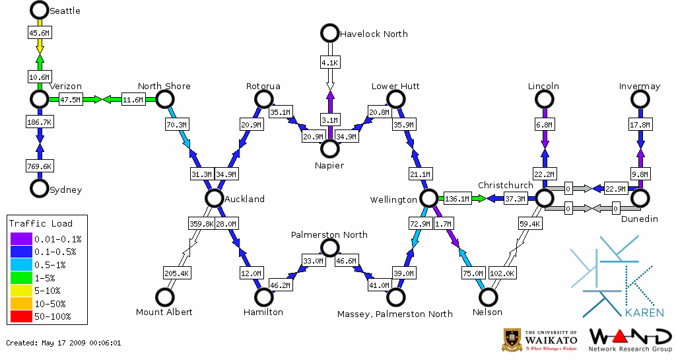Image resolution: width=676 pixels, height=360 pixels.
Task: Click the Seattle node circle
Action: pos(40,10)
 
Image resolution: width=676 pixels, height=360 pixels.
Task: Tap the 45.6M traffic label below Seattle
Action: pos(40,32)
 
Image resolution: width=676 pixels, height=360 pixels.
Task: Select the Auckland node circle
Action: pos(213,198)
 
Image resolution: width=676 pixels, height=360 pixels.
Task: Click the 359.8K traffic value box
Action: pos(201,224)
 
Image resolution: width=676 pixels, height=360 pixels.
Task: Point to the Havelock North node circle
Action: pos(329,32)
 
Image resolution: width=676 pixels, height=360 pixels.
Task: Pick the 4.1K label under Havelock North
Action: pos(329,63)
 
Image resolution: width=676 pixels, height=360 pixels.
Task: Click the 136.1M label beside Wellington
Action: pos(457,198)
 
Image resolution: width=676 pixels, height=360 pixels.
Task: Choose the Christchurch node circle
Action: pos(544,198)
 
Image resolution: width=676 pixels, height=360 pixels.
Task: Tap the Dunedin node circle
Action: pos(640,198)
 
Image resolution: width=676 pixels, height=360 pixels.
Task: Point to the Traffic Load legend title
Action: pos(41,223)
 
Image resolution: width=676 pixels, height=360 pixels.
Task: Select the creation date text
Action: pos(63,343)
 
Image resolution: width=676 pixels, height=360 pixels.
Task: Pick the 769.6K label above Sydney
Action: pos(40,166)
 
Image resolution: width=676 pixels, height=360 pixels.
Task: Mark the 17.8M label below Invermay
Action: pos(640,124)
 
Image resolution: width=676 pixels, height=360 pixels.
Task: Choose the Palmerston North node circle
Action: pos(329,248)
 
